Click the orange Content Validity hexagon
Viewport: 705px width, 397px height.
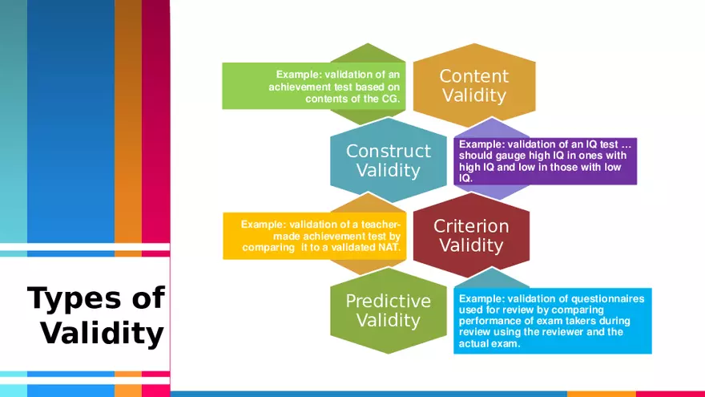click(x=474, y=86)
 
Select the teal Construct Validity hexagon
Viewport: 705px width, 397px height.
click(x=389, y=160)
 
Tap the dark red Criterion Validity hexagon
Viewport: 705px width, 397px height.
click(x=471, y=236)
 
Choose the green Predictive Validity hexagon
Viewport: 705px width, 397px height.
click(x=389, y=310)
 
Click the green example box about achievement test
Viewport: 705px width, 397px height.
click(x=314, y=86)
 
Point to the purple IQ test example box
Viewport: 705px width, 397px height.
click(x=546, y=161)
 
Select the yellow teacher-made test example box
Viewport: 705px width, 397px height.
click(x=315, y=236)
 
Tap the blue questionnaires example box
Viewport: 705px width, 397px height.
click(x=553, y=321)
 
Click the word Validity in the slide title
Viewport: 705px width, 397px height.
click(x=103, y=333)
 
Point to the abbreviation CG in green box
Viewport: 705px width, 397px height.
click(x=390, y=99)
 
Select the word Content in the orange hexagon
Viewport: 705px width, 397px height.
click(x=474, y=76)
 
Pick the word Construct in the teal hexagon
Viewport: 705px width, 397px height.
click(x=389, y=151)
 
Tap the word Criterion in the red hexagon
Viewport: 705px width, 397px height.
click(x=471, y=226)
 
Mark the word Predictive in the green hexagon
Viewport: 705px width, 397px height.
click(x=389, y=301)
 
